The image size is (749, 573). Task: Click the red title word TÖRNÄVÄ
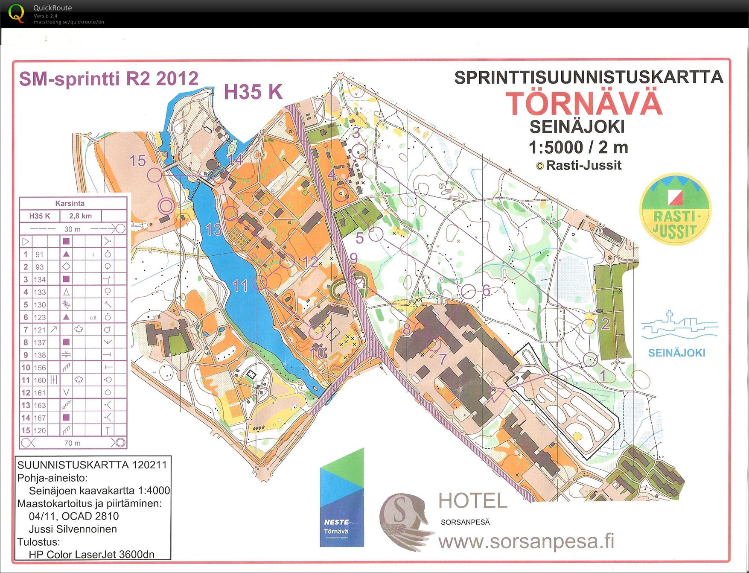point(584,103)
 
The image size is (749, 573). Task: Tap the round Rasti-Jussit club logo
point(675,209)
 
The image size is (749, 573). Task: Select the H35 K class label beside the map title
point(253,92)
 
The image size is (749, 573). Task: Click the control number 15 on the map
point(137,161)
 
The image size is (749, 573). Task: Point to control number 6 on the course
point(486,290)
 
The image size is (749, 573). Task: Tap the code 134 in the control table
point(40,280)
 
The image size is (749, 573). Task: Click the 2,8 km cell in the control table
point(80,216)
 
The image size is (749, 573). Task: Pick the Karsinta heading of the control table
point(70,203)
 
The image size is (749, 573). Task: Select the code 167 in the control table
point(40,418)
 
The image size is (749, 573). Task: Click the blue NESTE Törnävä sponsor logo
point(342,497)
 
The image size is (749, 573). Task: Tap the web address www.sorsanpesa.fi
point(526,541)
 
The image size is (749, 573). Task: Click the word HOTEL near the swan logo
point(473,501)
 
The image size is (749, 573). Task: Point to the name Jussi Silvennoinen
point(73,529)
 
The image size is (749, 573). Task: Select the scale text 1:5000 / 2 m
point(578,147)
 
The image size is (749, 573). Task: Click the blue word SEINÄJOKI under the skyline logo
point(676,353)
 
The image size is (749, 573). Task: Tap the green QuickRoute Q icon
point(16,13)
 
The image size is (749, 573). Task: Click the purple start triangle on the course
point(495,395)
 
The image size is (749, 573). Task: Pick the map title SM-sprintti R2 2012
point(109,79)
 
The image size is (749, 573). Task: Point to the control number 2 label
point(605,324)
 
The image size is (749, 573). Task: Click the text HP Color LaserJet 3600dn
point(91,554)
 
